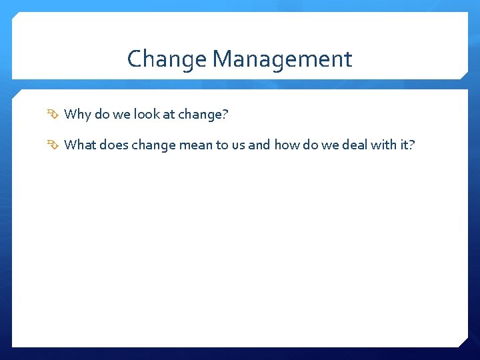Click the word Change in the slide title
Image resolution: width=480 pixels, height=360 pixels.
tap(167, 60)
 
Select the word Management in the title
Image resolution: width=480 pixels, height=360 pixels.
tap(282, 60)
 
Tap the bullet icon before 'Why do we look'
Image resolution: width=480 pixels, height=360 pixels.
tap(54, 115)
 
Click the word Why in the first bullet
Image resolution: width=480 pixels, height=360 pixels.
tap(77, 115)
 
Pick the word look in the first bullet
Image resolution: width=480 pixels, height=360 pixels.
tap(146, 115)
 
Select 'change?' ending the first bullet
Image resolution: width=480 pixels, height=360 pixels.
tap(203, 115)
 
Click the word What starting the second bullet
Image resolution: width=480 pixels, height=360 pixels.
tap(80, 145)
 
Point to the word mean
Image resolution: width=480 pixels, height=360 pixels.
tap(195, 145)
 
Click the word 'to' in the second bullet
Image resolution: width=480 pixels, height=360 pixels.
tap(222, 145)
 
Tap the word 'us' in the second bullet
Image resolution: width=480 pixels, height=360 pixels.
tap(238, 145)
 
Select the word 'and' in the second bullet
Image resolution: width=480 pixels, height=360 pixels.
tap(259, 145)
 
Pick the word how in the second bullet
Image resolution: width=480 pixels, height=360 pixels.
tap(286, 145)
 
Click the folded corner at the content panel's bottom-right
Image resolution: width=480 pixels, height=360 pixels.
tap(462, 341)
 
